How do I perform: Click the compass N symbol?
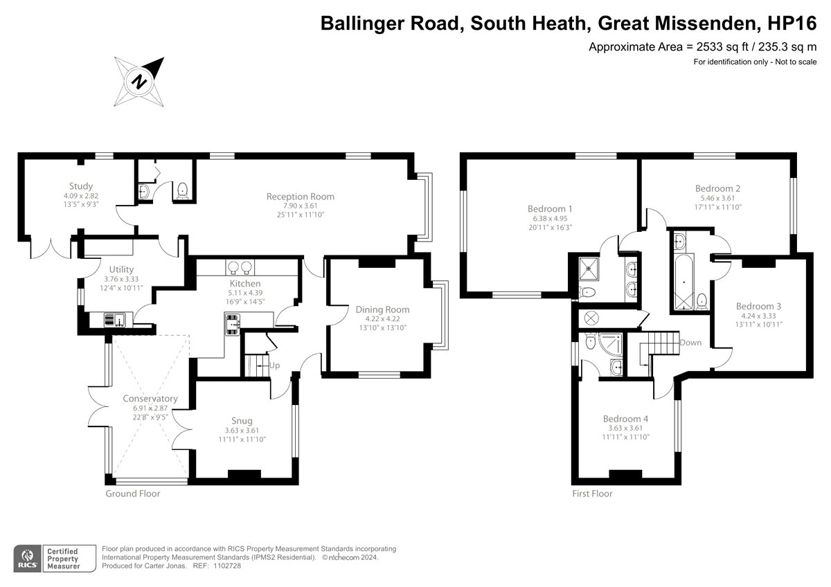pyautogui.click(x=139, y=82)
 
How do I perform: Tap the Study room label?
pyautogui.click(x=81, y=186)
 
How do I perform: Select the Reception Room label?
pyautogui.click(x=301, y=197)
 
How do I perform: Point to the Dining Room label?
pyautogui.click(x=382, y=309)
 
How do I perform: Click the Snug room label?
pyautogui.click(x=242, y=421)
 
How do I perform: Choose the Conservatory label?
pyautogui.click(x=150, y=399)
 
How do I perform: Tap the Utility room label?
pyautogui.click(x=121, y=269)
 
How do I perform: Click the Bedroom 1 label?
pyautogui.click(x=550, y=209)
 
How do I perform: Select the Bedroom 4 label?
pyautogui.click(x=625, y=419)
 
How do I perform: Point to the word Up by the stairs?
pyautogui.click(x=274, y=365)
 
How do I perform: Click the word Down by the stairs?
pyautogui.click(x=690, y=343)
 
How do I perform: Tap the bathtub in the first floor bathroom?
pyautogui.click(x=684, y=282)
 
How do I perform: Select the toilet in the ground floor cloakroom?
pyautogui.click(x=183, y=191)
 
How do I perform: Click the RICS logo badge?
pyautogui.click(x=28, y=558)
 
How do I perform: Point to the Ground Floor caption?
pyautogui.click(x=133, y=494)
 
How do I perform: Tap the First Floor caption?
pyautogui.click(x=592, y=494)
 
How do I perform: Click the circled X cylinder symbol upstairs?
pyautogui.click(x=591, y=318)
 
